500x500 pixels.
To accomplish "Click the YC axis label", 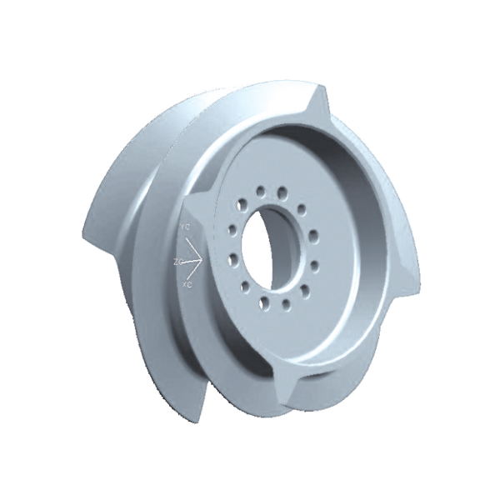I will pos(184,225).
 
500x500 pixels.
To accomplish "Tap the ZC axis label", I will pos(177,262).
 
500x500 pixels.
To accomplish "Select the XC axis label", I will pos(187,285).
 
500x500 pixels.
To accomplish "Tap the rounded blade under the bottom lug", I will pos(325,400).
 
